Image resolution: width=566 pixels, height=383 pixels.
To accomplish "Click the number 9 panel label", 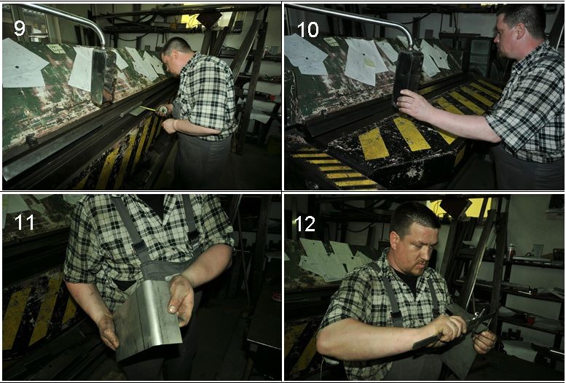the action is [x=20, y=28].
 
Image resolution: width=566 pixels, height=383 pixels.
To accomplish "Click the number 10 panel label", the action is [x=308, y=29].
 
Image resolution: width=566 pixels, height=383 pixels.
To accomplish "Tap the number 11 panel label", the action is [x=24, y=222].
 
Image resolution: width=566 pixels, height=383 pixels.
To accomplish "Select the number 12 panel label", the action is [x=305, y=224].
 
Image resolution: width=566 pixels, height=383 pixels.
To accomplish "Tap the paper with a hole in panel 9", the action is [x=22, y=64].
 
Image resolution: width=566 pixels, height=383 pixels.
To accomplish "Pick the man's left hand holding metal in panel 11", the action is [x=181, y=299].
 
